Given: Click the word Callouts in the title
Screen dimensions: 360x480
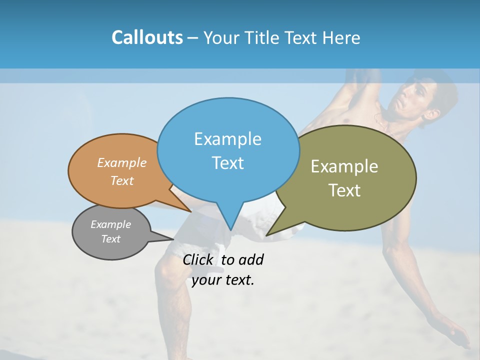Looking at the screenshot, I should tap(147, 37).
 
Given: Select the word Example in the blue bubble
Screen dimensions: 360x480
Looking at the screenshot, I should tap(227, 139).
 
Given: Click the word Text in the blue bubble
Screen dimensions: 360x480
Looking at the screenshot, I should tap(227, 163).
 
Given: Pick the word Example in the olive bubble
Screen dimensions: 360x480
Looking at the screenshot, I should tap(344, 166).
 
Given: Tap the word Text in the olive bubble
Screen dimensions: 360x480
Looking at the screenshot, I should tap(344, 190).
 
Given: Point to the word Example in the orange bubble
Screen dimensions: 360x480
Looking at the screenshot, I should tap(122, 162).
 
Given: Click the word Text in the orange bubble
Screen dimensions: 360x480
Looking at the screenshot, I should tap(122, 180).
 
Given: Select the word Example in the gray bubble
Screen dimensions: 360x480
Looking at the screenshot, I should tap(110, 224).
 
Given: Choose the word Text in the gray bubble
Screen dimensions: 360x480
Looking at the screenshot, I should tap(110, 239).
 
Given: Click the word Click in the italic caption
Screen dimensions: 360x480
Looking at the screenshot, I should tap(198, 260).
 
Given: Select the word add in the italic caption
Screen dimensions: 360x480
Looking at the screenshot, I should tap(250, 260).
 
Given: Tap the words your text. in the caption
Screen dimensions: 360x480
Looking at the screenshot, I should tap(223, 280).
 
